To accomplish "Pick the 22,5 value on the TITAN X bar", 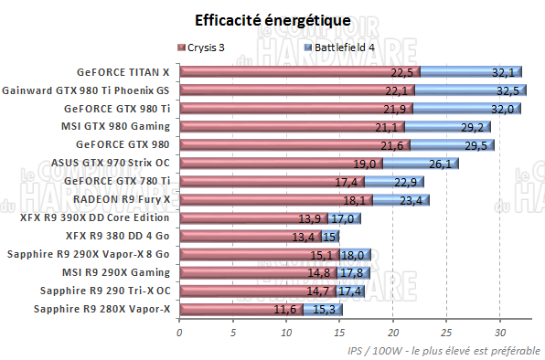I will (x=403, y=71).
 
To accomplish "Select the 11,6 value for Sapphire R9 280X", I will (x=287, y=310).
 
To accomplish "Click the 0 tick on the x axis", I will (x=179, y=333).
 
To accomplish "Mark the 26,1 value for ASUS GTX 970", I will (x=441, y=164).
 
